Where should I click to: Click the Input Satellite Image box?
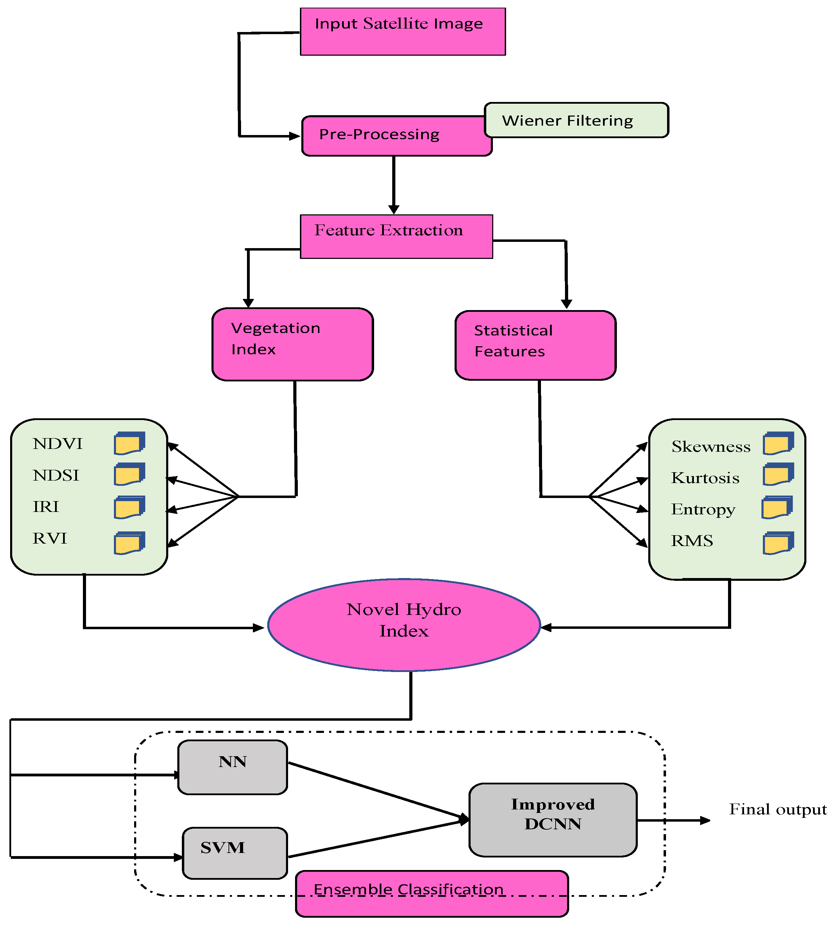(x=402, y=31)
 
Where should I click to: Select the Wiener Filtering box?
(x=576, y=120)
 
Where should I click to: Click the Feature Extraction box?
(x=396, y=236)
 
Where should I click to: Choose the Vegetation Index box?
(x=292, y=344)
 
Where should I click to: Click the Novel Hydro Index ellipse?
(x=403, y=625)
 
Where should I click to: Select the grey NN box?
(x=232, y=767)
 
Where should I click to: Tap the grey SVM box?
(x=235, y=853)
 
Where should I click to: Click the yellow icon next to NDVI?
(x=130, y=443)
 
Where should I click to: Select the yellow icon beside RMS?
(x=778, y=543)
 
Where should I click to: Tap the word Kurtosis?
(x=705, y=478)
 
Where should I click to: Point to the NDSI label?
(x=56, y=475)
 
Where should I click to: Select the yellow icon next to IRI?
(x=130, y=507)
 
